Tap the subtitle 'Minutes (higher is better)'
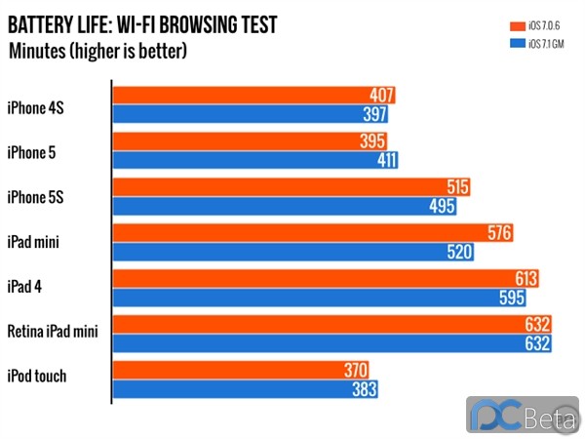pos(97,49)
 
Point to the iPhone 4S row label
pos(37,105)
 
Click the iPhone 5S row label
pos(37,197)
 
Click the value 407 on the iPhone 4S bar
pos(382,96)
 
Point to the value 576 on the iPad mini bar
pos(499,233)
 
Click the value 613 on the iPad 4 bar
pos(526,279)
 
